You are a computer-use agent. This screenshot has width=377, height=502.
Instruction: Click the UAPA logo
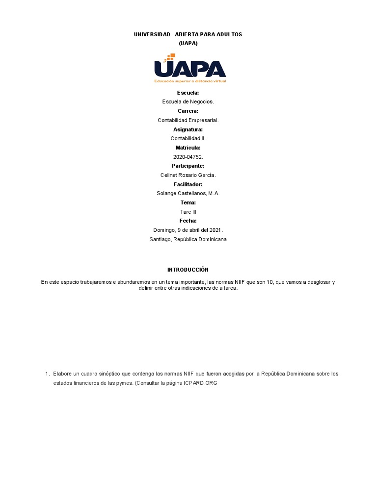point(189,68)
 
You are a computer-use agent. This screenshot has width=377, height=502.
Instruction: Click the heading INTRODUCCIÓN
point(188,270)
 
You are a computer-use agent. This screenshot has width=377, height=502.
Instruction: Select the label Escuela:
point(188,93)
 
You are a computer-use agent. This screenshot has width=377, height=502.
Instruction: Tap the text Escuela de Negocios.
point(188,101)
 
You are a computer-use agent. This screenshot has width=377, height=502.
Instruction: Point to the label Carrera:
point(188,111)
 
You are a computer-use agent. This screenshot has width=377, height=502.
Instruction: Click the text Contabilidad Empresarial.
point(188,120)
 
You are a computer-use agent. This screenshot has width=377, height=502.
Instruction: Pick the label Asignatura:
point(188,129)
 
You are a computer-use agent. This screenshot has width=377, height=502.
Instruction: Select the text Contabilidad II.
point(188,138)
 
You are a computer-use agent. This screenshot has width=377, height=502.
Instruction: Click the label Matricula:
point(188,148)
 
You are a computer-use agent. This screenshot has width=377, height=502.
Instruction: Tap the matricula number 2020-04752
point(188,157)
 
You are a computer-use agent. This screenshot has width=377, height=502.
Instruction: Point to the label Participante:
point(188,166)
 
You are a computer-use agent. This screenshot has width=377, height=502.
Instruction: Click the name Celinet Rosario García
point(188,175)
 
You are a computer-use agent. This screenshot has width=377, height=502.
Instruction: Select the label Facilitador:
point(188,184)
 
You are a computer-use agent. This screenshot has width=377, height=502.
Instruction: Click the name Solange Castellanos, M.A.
point(188,193)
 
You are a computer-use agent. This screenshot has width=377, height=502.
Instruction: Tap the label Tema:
point(188,202)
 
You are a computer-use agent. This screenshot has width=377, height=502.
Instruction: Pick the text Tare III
point(188,212)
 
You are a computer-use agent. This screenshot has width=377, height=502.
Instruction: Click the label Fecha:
point(188,221)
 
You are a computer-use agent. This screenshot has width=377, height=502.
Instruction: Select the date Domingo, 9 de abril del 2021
point(188,230)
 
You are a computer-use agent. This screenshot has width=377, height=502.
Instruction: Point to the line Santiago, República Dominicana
point(188,239)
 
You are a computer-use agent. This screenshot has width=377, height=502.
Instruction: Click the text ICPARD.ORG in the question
point(200,383)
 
